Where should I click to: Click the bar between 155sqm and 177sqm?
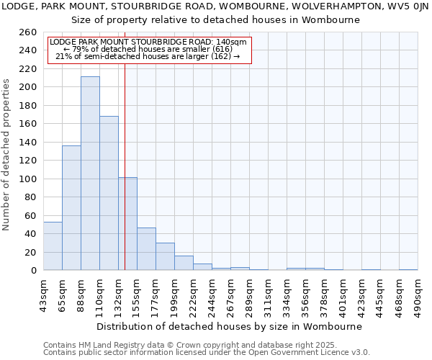(146, 249)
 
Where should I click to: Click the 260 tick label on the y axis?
(28, 32)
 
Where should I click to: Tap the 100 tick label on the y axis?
(28, 179)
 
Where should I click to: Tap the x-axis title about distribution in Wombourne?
(228, 326)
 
